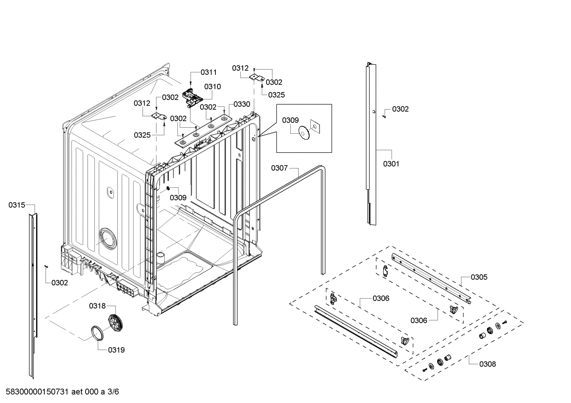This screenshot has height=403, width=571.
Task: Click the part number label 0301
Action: [x=391, y=164]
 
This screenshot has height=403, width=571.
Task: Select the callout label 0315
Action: [x=17, y=205]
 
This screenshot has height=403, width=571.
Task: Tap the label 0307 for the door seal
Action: [x=279, y=168]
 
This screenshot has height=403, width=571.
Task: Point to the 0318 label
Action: [x=97, y=306]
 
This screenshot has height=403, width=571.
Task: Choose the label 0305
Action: [x=479, y=277]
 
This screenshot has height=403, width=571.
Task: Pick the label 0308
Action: [x=487, y=364]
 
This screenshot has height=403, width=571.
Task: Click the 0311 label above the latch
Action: [x=209, y=72]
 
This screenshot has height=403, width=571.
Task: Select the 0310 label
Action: [x=213, y=87]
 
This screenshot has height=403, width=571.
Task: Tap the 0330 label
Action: [x=242, y=104]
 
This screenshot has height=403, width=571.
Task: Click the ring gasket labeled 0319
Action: [x=97, y=333]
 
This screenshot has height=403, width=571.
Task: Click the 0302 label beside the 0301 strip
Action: [x=400, y=109]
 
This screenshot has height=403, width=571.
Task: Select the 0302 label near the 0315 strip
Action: [x=59, y=283]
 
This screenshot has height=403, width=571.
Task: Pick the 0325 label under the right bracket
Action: [x=276, y=95]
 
